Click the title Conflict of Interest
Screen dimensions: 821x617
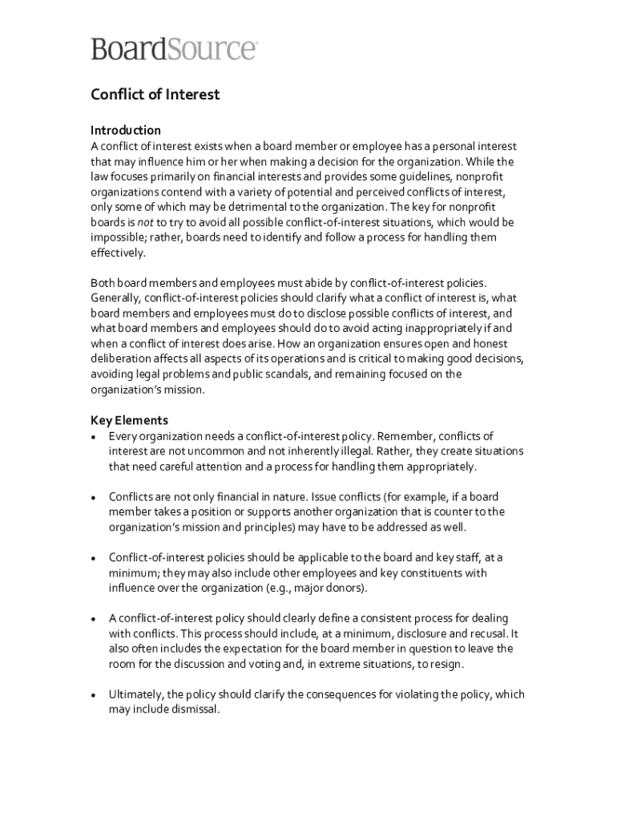155,95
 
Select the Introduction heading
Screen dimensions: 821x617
126,130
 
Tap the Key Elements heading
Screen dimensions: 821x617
129,420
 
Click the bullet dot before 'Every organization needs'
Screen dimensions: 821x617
95,437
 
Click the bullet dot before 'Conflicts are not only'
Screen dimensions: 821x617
95,498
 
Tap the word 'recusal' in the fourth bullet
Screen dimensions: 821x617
487,633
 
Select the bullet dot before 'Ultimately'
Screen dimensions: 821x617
95,696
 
